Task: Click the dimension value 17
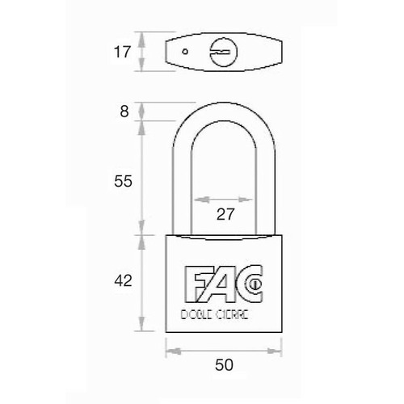[x=122, y=52]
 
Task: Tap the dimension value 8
[x=124, y=112]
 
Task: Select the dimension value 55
[x=123, y=181]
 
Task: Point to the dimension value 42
[x=123, y=280]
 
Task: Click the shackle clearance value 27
[x=225, y=214]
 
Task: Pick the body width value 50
[x=224, y=365]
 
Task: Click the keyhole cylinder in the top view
[x=224, y=52]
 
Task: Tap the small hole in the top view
[x=185, y=52]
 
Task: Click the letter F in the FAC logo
[x=195, y=284]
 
